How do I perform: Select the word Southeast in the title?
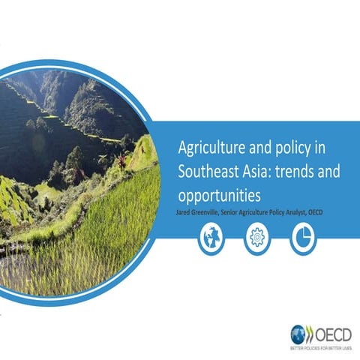pyautogui.click(x=207, y=172)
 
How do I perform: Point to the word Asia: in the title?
pyautogui.click(x=260, y=172)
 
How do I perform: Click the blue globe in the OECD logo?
pyautogui.click(x=298, y=334)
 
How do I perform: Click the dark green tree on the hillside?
pyautogui.click(x=76, y=158)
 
